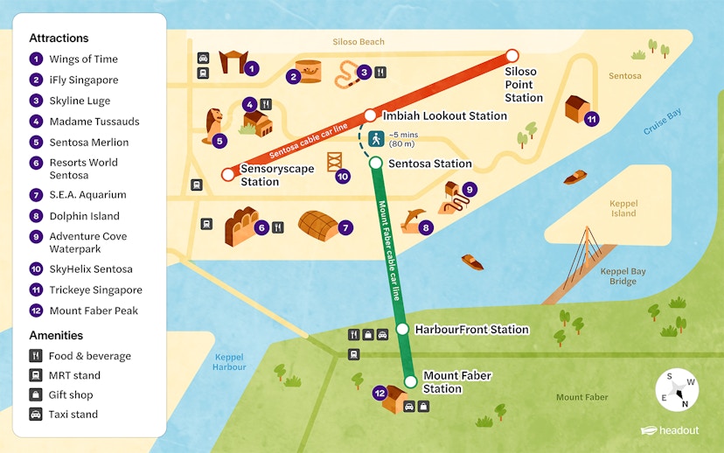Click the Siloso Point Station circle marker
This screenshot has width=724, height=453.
click(512, 56)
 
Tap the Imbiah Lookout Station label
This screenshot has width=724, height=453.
click(445, 115)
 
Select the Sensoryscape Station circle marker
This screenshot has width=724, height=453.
click(228, 175)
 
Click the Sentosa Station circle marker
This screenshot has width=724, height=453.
click(375, 164)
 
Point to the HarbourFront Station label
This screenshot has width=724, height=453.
click(471, 330)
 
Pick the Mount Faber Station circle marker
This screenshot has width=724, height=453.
click(410, 381)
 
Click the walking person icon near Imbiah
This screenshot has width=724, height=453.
click(377, 138)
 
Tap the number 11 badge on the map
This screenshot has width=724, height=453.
click(592, 119)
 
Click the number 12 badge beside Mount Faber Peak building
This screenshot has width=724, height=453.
click(379, 394)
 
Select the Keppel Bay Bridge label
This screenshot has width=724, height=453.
click(623, 276)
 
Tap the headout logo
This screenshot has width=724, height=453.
click(670, 430)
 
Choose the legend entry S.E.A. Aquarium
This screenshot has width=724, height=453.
click(87, 195)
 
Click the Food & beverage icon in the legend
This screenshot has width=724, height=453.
click(36, 356)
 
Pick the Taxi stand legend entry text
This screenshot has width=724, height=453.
click(73, 415)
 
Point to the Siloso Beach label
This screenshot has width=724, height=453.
click(359, 42)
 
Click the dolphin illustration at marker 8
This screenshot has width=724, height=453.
click(414, 219)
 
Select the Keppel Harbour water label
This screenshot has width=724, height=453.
click(229, 362)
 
